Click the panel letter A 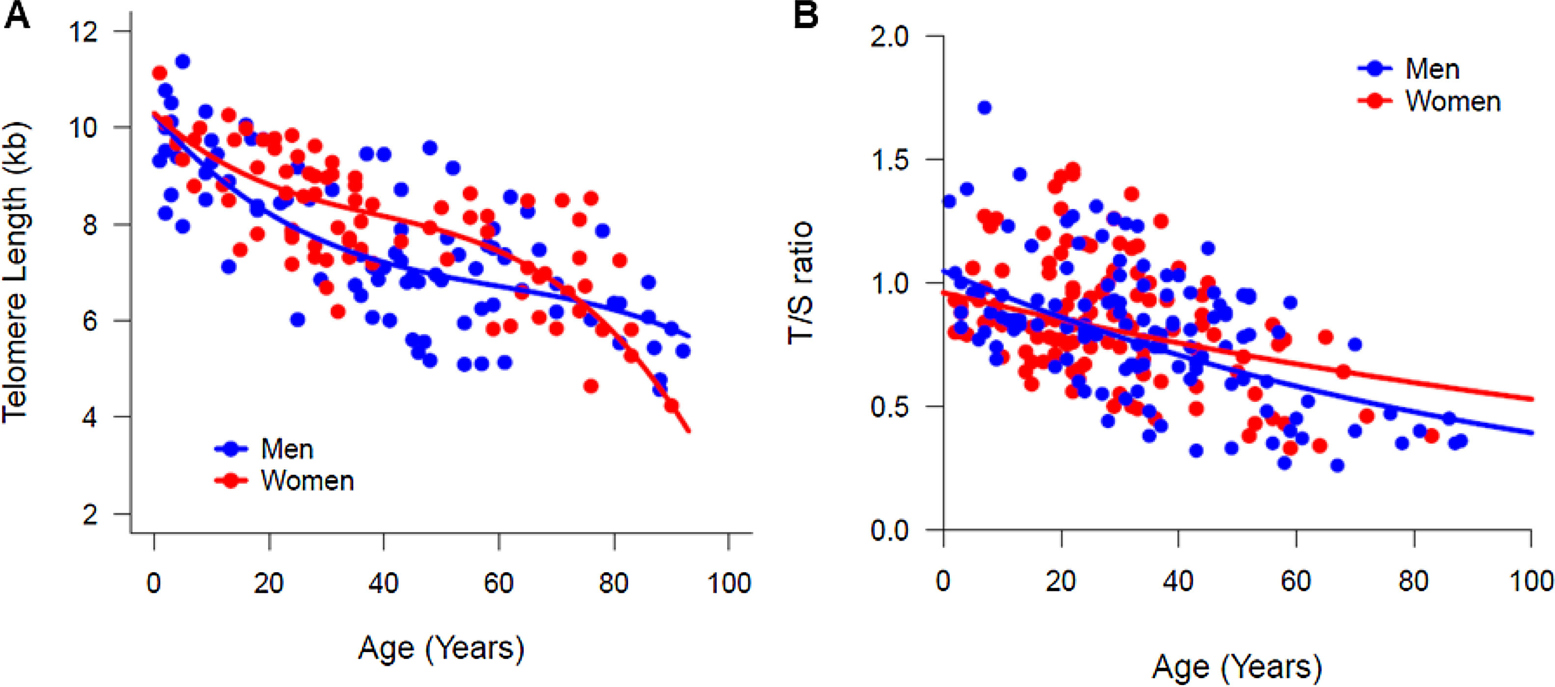point(16,15)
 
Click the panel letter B point(805,15)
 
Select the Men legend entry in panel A point(287,449)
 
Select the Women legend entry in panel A point(307,481)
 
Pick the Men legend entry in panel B point(1432,69)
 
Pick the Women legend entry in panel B point(1452,101)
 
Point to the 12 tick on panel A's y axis point(83,31)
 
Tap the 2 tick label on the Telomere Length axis point(90,514)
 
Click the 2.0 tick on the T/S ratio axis point(889,37)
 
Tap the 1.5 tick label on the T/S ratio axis point(889,160)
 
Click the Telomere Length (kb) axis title point(16,271)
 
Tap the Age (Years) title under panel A point(441,648)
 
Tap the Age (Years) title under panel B point(1237,667)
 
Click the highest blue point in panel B point(984,108)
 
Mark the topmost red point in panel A point(160,73)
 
